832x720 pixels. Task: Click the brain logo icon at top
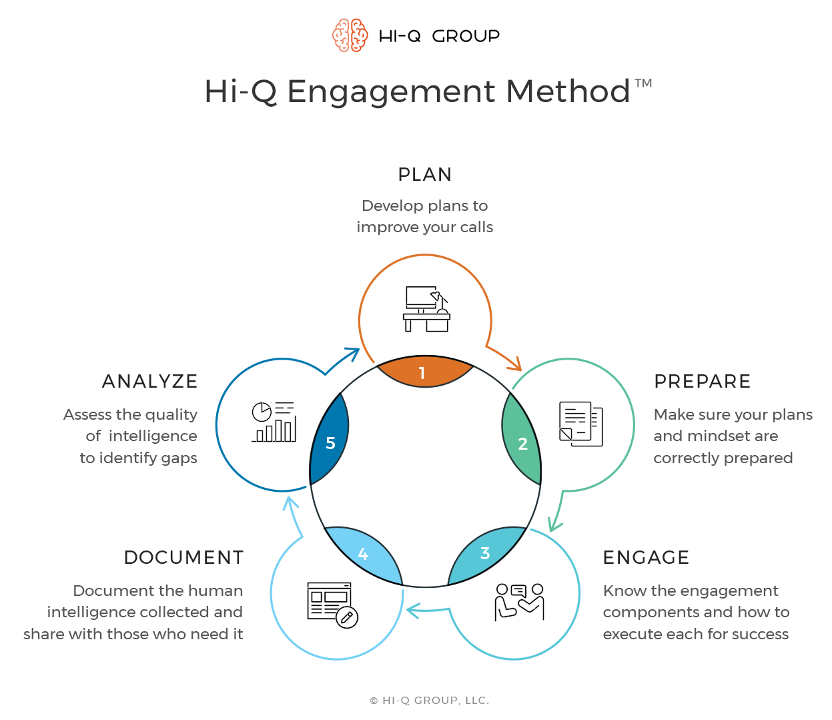(x=350, y=35)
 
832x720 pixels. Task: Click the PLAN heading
(x=424, y=175)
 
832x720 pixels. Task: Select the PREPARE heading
(x=702, y=382)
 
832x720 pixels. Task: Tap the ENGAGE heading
(x=646, y=558)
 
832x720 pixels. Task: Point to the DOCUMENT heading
(x=183, y=558)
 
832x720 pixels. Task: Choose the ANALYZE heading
(x=149, y=382)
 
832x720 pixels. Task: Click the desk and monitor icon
(x=426, y=309)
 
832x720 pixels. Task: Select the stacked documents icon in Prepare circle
(x=580, y=424)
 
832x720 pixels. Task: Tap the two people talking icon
(x=519, y=602)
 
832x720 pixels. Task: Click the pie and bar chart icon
(x=274, y=422)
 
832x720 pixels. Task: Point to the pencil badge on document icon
(x=346, y=618)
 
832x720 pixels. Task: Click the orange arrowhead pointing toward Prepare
(x=515, y=364)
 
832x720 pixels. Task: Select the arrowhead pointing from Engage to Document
(x=412, y=610)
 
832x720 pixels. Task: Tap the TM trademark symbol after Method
(x=643, y=83)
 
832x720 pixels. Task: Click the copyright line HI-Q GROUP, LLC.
(x=429, y=701)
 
